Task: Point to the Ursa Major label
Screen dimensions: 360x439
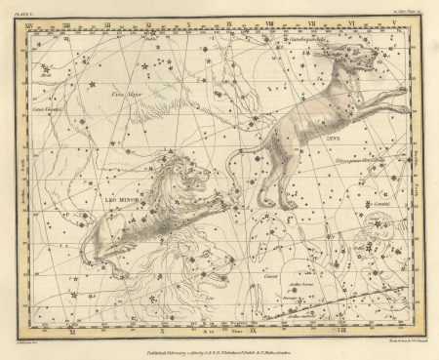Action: click(x=127, y=94)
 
